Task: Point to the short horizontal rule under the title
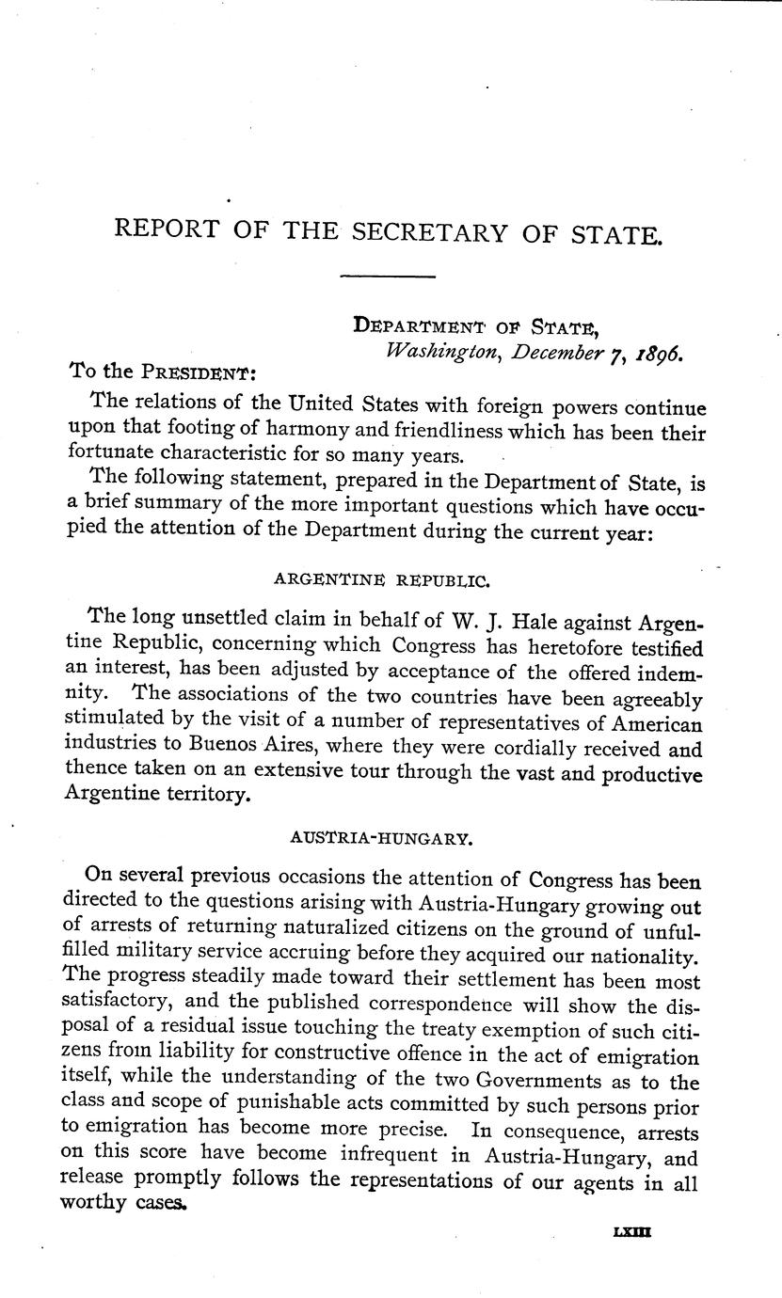coord(387,277)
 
